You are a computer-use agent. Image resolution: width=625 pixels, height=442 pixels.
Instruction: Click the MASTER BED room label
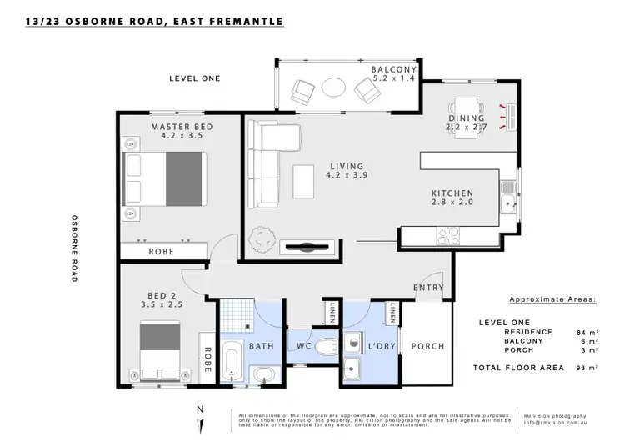[181, 127]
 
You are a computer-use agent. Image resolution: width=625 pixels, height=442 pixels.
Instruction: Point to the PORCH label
[429, 346]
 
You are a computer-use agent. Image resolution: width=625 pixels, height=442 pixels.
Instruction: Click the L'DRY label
[367, 345]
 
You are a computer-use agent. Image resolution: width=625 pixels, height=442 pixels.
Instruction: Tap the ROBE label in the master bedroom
[161, 251]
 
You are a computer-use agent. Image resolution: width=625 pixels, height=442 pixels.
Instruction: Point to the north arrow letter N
[198, 409]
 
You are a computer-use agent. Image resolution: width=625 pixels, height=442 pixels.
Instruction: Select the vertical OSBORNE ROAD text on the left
[74, 249]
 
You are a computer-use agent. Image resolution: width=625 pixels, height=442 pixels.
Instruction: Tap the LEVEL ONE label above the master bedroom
[194, 78]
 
